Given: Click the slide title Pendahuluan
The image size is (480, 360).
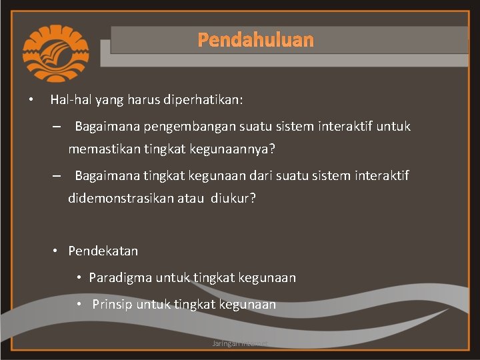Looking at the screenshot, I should tap(255, 40).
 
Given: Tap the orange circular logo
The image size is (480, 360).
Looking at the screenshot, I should tap(55, 53).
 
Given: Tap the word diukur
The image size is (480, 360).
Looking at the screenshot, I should tap(233, 199).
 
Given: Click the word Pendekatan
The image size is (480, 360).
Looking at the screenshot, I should tap(103, 251).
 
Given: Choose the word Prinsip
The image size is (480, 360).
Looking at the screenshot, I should tap(112, 305).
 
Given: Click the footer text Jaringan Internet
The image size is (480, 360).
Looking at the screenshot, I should tap(240, 343).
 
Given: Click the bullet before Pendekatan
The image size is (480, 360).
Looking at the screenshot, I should tap(57, 251).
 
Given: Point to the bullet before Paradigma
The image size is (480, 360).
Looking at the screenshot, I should tap(79, 277).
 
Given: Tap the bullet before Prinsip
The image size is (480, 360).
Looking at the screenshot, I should tap(79, 305).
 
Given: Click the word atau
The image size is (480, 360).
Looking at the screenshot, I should tap(190, 199).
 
